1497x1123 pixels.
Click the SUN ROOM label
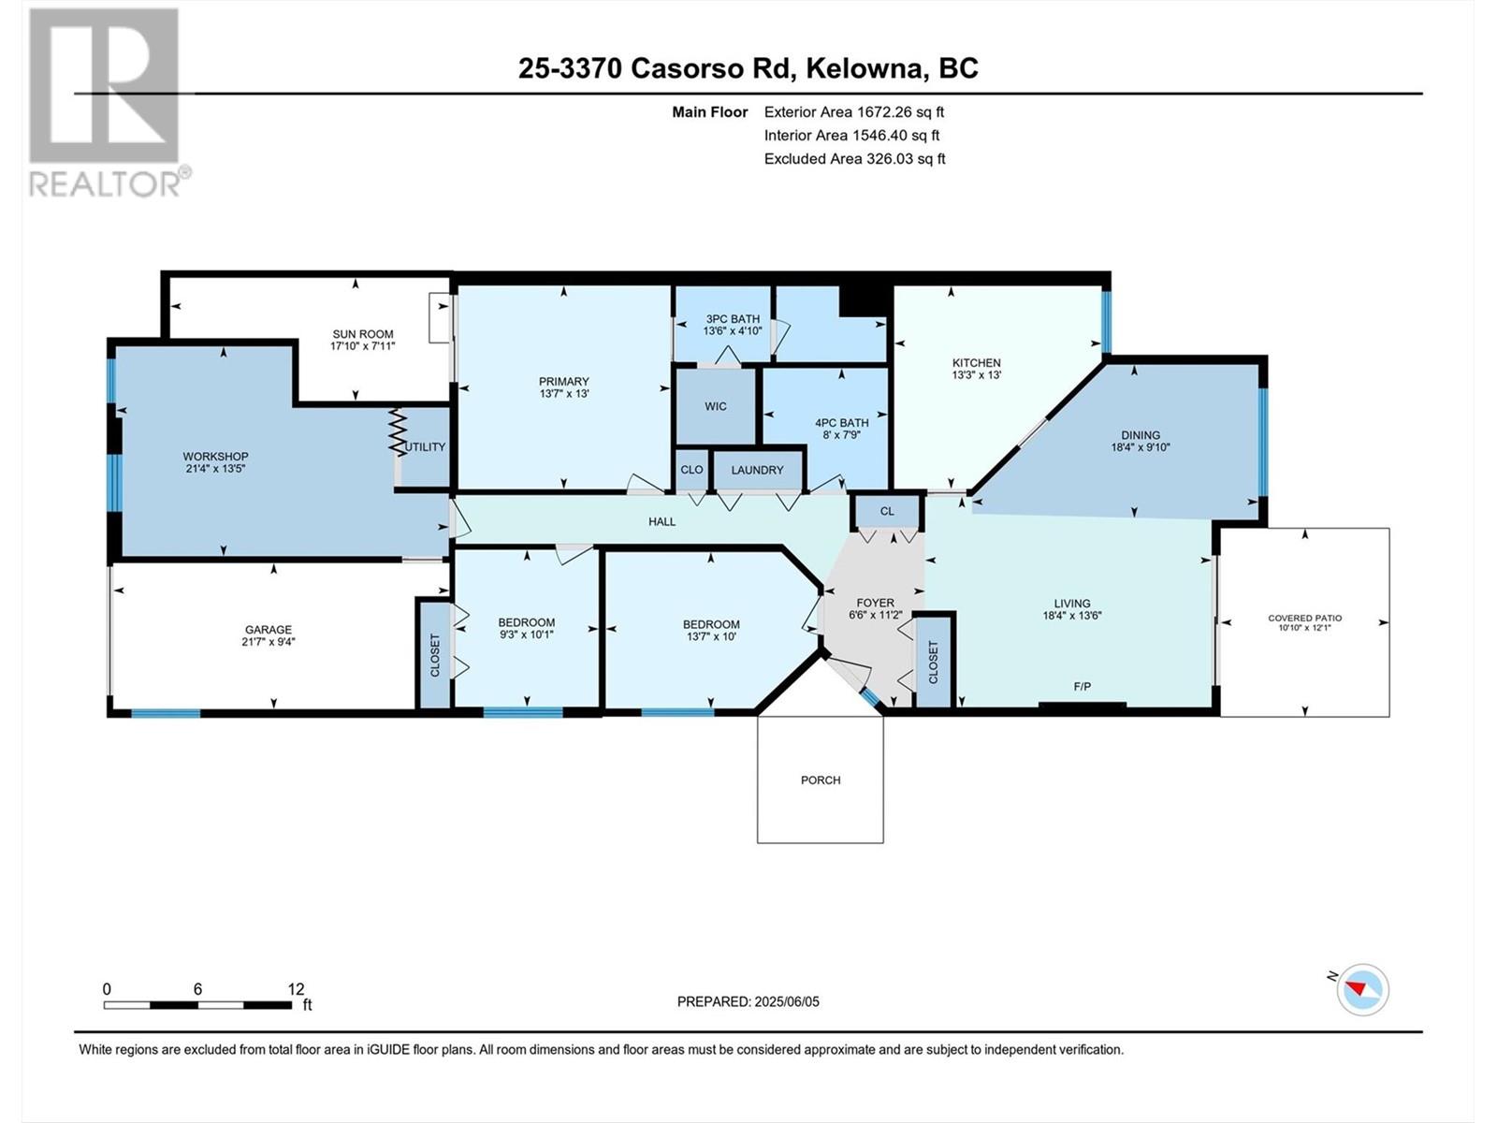[x=363, y=334]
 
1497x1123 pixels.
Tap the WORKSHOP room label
[x=215, y=456]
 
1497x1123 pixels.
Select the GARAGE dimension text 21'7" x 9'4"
[x=269, y=642]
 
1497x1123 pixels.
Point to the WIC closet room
[x=716, y=406]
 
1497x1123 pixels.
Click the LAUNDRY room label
[x=757, y=470]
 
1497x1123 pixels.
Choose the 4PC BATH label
[x=841, y=423]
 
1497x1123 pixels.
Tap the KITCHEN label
[x=977, y=363]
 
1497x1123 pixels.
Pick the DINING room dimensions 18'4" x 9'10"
[x=1141, y=447]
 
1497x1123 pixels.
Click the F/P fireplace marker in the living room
[x=1083, y=687]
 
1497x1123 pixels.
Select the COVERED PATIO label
[x=1304, y=618]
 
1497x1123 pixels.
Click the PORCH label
[x=821, y=780]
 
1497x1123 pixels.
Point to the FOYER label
[x=875, y=603]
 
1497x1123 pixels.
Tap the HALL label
[x=661, y=521]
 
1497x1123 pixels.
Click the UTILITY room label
[x=426, y=446]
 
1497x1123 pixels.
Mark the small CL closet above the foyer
[x=887, y=511]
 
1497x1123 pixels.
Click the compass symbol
[x=1362, y=989]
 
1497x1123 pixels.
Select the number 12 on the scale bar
[x=296, y=988]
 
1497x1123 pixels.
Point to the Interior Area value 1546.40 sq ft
[x=896, y=135]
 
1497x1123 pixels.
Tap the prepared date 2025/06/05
[x=786, y=1001]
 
